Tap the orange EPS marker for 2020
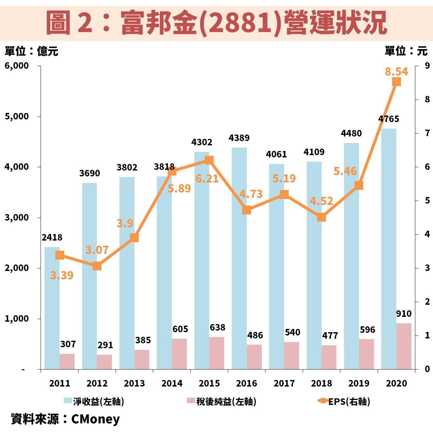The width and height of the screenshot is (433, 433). click(396, 82)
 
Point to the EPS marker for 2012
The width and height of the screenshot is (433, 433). click(97, 266)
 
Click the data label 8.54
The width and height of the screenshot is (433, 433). click(396, 71)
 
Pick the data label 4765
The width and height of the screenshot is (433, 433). click(388, 119)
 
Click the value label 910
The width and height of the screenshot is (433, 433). click(404, 314)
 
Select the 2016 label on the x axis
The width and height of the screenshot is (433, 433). click(246, 383)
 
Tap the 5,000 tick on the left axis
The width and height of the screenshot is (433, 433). click(17, 117)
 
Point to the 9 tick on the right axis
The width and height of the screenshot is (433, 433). click(427, 65)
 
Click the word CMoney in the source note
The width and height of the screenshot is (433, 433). click(95, 419)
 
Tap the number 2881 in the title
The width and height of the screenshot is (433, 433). click(240, 22)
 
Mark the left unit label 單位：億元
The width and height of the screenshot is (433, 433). click(31, 51)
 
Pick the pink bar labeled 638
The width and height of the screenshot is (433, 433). click(217, 353)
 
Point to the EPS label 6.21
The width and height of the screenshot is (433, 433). click(207, 179)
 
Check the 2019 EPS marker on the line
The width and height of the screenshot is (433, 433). click(359, 186)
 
